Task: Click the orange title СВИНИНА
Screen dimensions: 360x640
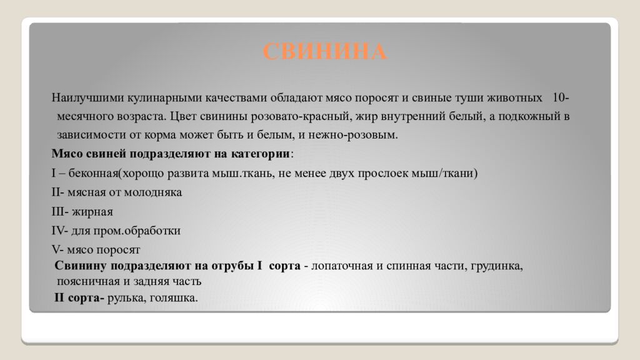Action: [x=325, y=52]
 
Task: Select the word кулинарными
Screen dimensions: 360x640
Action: [x=161, y=98]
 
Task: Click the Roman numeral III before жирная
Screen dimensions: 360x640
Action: [x=58, y=211]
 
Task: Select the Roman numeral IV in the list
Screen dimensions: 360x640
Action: [x=58, y=231]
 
